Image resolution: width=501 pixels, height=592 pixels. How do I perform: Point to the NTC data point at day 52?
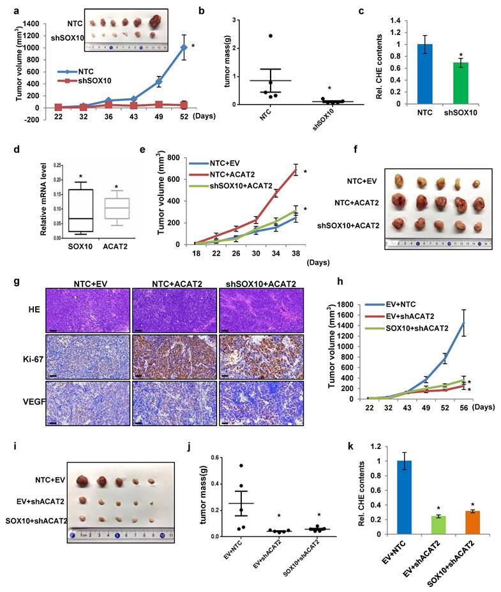pos(184,47)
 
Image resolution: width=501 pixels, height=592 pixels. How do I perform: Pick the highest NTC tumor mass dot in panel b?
pos(270,36)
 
